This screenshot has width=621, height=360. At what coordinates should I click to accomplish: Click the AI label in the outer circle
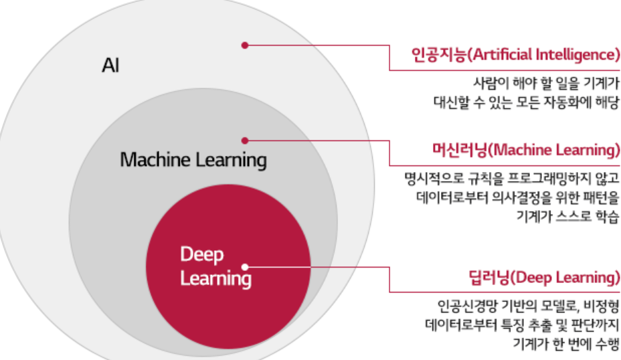pos(110,66)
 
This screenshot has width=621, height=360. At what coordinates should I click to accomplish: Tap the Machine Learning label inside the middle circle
pos(193,161)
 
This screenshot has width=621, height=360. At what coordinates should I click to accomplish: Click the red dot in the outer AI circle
pos(245,46)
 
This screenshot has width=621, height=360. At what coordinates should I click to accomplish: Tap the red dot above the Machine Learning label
pos(245,141)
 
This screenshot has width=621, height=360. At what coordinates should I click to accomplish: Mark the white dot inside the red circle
pos(245,266)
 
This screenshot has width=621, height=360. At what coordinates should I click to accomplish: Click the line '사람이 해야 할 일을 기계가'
pos(544,84)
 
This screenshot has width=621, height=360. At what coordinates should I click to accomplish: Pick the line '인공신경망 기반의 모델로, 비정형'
pos(526,307)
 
